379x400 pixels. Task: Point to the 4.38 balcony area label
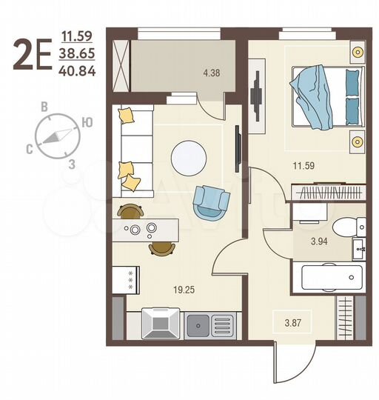coord(212,72)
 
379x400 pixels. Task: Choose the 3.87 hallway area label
coord(295,320)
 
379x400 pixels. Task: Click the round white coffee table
coord(189,157)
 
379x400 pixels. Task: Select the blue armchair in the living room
coord(211,201)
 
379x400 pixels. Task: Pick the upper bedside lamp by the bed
coord(358,52)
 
